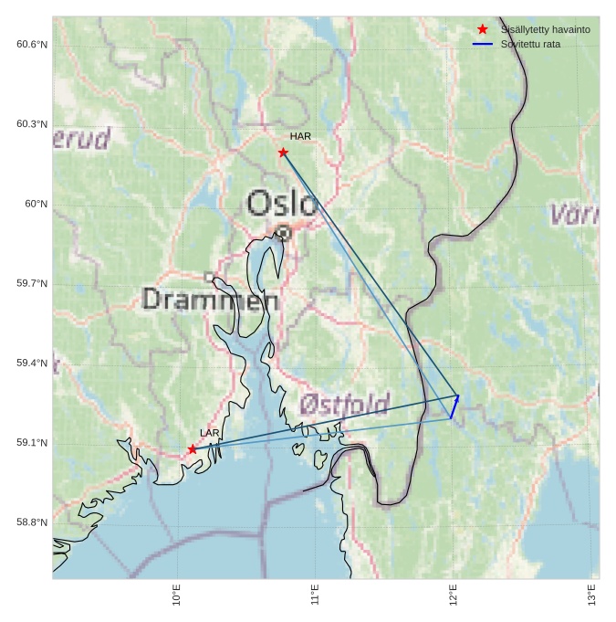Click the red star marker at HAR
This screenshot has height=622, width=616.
[283, 153]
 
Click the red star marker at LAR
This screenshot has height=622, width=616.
[193, 449]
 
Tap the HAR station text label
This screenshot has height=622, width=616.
[300, 136]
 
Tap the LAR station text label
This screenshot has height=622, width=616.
[210, 433]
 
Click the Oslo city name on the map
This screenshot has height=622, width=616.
[283, 203]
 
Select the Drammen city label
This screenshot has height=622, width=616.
[211, 299]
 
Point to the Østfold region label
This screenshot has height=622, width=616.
[345, 404]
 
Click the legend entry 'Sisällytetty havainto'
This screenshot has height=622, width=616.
[545, 30]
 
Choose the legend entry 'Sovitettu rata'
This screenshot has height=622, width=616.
[530, 44]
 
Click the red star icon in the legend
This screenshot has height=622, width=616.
[483, 29]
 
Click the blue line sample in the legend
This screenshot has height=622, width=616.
[483, 44]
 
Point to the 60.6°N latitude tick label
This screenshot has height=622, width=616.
[32, 45]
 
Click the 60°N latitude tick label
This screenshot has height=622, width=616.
[36, 204]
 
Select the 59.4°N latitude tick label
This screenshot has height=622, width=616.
[32, 364]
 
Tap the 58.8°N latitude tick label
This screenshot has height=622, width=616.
[32, 522]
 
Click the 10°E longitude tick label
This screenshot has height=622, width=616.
[177, 595]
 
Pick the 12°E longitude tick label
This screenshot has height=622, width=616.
[454, 595]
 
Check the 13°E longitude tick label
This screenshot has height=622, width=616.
[592, 595]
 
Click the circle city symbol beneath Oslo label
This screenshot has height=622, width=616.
[284, 233]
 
